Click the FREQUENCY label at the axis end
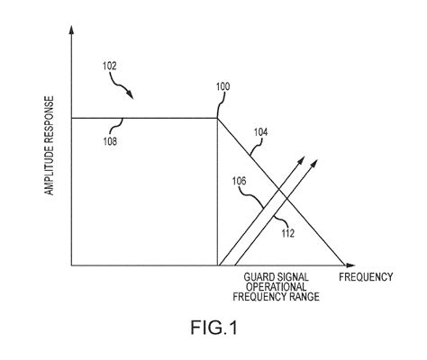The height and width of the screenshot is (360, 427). [366, 276]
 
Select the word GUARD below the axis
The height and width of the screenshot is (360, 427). [257, 276]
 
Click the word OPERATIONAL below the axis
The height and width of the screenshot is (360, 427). [277, 285]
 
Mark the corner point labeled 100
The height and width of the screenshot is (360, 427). [218, 117]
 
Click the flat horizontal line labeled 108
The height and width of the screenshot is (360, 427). [144, 117]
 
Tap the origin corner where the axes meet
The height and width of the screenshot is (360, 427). [71, 265]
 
